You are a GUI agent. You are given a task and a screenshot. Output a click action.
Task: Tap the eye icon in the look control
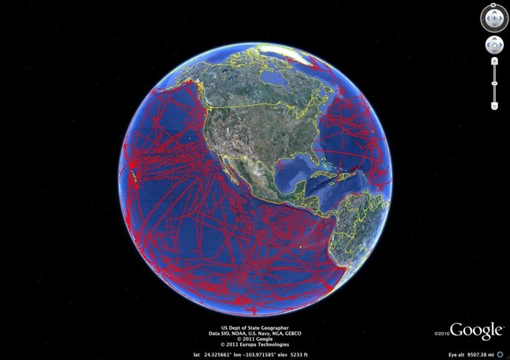pos(494,16)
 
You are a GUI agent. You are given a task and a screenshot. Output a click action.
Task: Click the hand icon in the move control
pos(494,45)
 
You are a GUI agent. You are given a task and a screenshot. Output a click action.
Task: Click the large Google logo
pos(477,331)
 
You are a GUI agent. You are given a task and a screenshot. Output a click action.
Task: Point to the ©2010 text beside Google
pos(442,333)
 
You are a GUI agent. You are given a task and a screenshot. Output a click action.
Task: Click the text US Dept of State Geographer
pos(254,328)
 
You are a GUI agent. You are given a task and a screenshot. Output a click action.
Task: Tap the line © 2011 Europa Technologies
pos(254,344)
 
